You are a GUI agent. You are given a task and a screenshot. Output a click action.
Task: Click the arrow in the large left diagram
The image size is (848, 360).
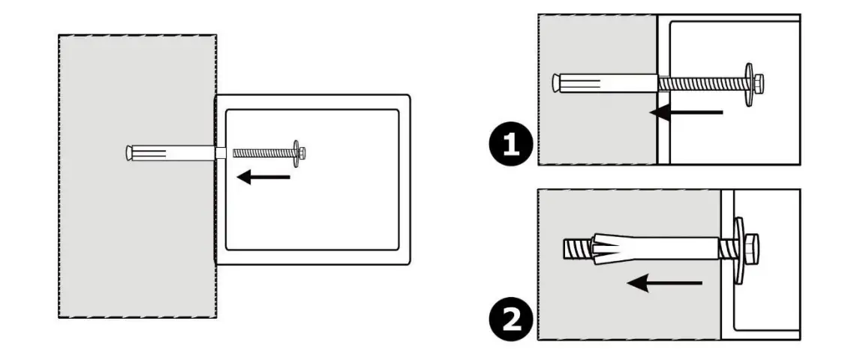click(263, 177)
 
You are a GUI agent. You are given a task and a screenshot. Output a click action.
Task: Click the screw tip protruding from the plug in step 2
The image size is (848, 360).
click(573, 247)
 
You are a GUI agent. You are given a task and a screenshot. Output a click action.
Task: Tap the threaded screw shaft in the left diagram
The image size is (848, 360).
click(262, 152)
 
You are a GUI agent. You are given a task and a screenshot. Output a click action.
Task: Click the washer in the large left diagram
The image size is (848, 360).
click(296, 152)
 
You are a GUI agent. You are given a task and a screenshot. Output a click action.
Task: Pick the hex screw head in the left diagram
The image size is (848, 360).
click(302, 152)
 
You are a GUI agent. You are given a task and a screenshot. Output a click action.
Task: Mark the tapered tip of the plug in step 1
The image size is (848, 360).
click(556, 82)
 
